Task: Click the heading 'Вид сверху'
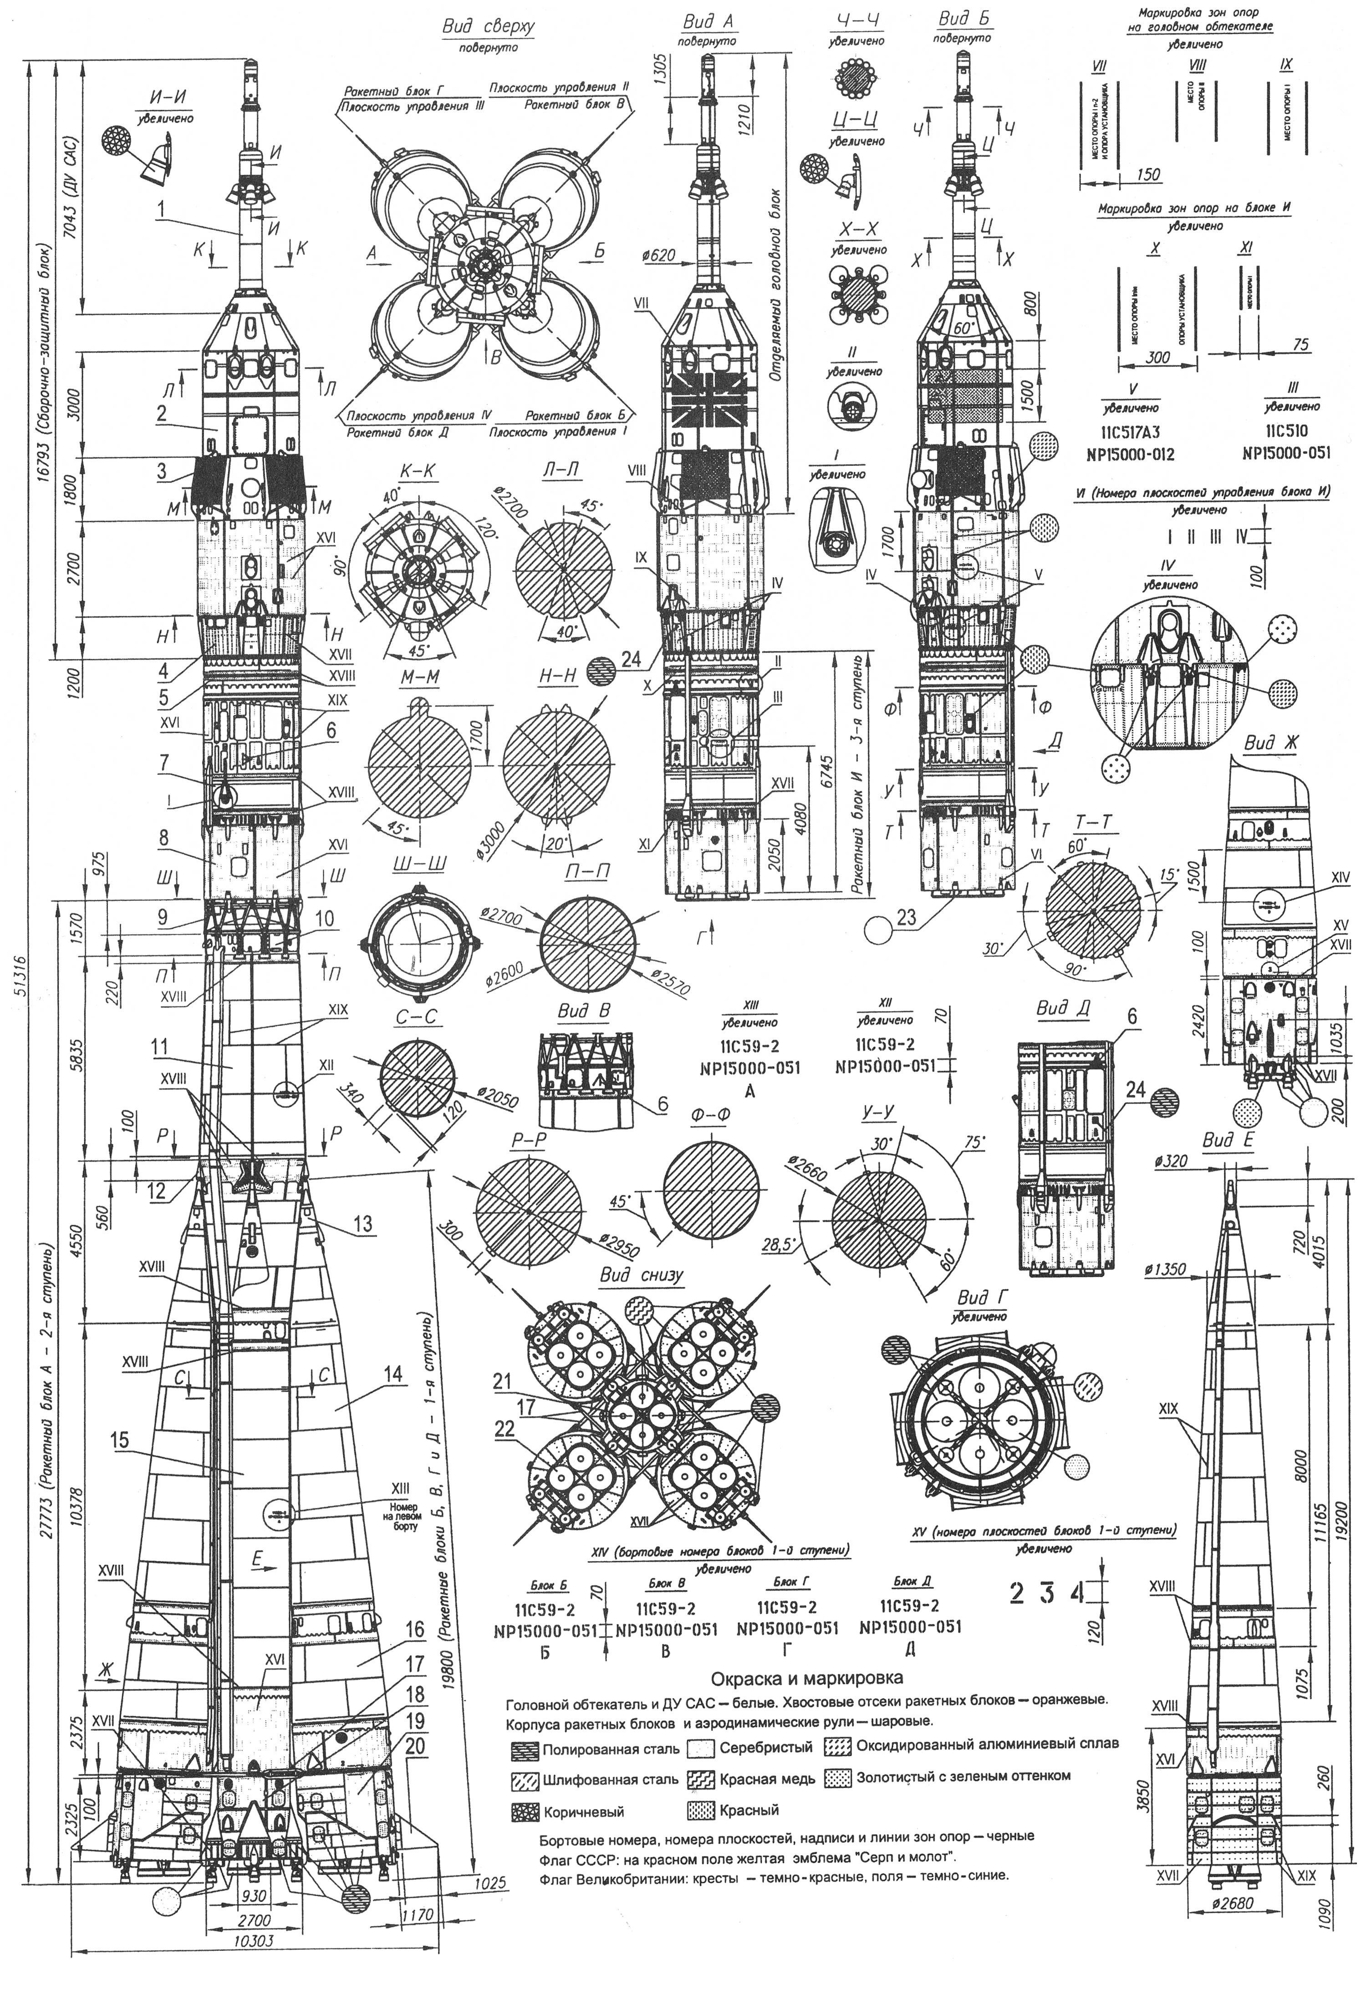point(488,28)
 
